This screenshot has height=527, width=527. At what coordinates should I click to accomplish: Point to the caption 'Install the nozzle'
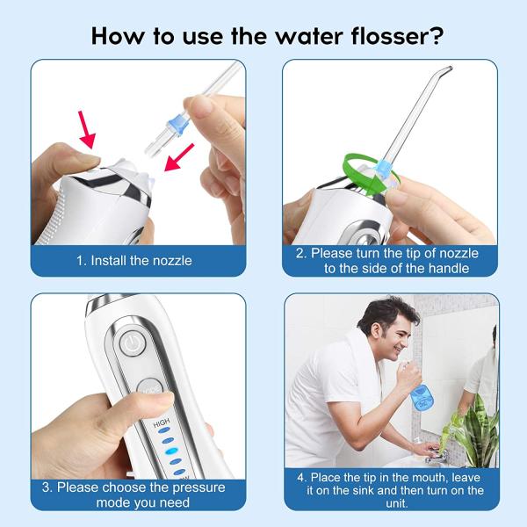point(144,260)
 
